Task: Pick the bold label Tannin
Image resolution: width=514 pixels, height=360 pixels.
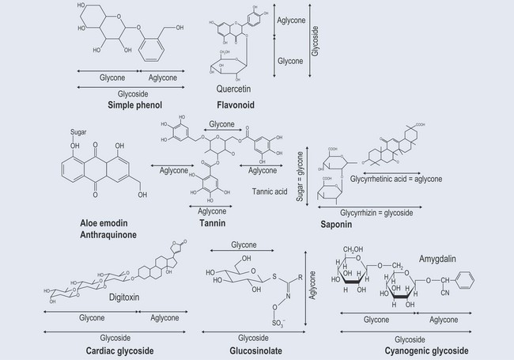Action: click(x=213, y=223)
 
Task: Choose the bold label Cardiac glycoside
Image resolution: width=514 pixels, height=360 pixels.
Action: click(x=120, y=350)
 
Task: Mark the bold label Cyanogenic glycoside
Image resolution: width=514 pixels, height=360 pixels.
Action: click(x=425, y=350)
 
